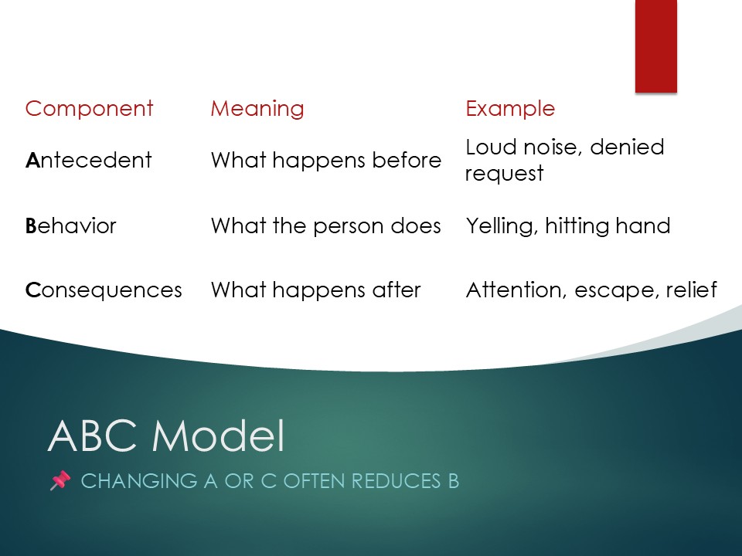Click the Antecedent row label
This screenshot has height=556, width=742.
click(x=88, y=161)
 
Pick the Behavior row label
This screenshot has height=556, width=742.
click(x=70, y=225)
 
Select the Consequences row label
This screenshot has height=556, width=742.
click(x=104, y=290)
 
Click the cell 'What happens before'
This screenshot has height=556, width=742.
click(x=326, y=161)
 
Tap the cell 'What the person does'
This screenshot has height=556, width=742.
click(x=326, y=225)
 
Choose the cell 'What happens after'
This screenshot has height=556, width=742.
click(x=315, y=290)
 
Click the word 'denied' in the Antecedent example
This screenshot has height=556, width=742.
click(x=627, y=147)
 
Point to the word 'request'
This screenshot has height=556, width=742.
click(x=505, y=174)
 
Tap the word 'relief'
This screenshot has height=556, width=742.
click(x=691, y=290)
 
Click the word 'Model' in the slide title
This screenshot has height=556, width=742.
click(x=218, y=436)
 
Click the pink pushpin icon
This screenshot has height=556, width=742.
click(x=60, y=481)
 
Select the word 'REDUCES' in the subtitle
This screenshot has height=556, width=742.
click(x=396, y=481)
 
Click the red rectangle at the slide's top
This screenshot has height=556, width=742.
click(x=656, y=46)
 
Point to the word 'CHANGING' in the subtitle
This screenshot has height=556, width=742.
click(x=139, y=481)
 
